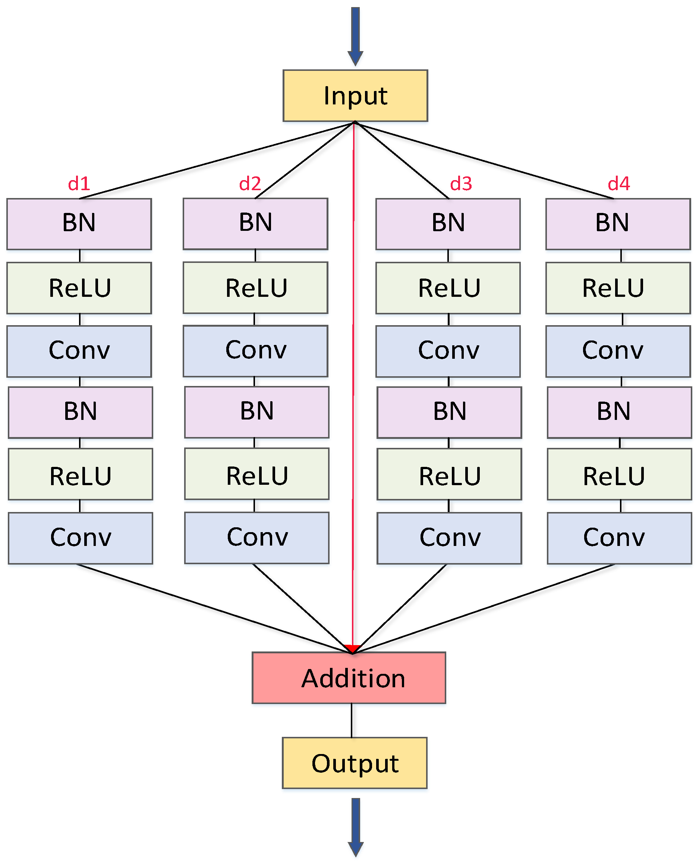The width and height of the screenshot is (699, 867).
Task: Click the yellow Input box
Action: [x=355, y=95]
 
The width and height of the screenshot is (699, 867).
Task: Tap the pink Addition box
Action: [x=349, y=678]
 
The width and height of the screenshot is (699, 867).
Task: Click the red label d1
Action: [x=79, y=184]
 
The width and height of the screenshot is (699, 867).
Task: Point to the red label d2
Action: [x=250, y=184]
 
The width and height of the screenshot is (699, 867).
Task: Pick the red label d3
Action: [x=461, y=184]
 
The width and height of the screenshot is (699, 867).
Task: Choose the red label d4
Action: [x=618, y=184]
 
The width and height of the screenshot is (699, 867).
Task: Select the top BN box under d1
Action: [x=79, y=224]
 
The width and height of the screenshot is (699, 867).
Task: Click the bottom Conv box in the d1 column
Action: [x=80, y=538]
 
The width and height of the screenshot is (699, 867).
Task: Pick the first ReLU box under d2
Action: [x=255, y=288]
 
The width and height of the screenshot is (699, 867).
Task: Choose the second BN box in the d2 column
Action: [x=256, y=412]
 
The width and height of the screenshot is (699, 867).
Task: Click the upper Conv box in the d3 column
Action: [x=448, y=351]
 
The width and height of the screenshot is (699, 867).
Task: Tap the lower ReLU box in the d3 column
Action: [x=449, y=474]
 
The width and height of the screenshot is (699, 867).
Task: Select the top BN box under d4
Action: [x=618, y=224]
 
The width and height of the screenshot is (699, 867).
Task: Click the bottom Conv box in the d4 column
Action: [x=619, y=538]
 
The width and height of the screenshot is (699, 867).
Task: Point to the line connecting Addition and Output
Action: [x=352, y=720]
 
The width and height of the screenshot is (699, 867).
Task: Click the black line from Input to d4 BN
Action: [x=483, y=160]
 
